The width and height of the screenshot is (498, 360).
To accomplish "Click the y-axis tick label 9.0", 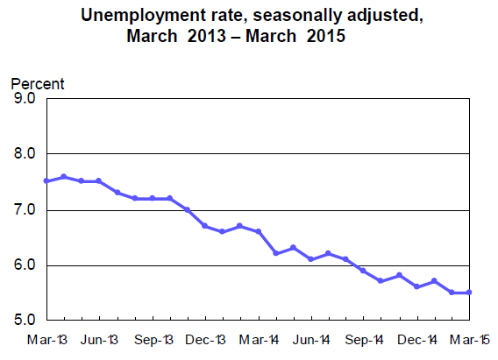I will coord(24,98).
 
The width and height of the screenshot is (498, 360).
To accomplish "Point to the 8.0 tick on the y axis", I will coord(24,154).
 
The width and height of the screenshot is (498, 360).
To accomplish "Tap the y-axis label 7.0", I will coord(24,210).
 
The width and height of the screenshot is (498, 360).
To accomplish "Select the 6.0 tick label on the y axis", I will coord(24,265).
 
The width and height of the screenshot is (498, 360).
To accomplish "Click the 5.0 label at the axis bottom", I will coord(24,321).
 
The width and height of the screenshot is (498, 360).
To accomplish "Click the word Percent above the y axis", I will coord(37,84).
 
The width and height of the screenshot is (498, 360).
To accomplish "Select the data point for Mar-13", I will coord(46,181).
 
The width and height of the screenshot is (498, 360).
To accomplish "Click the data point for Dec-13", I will coord(205,226).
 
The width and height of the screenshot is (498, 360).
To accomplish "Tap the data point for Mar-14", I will coord(259,231).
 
